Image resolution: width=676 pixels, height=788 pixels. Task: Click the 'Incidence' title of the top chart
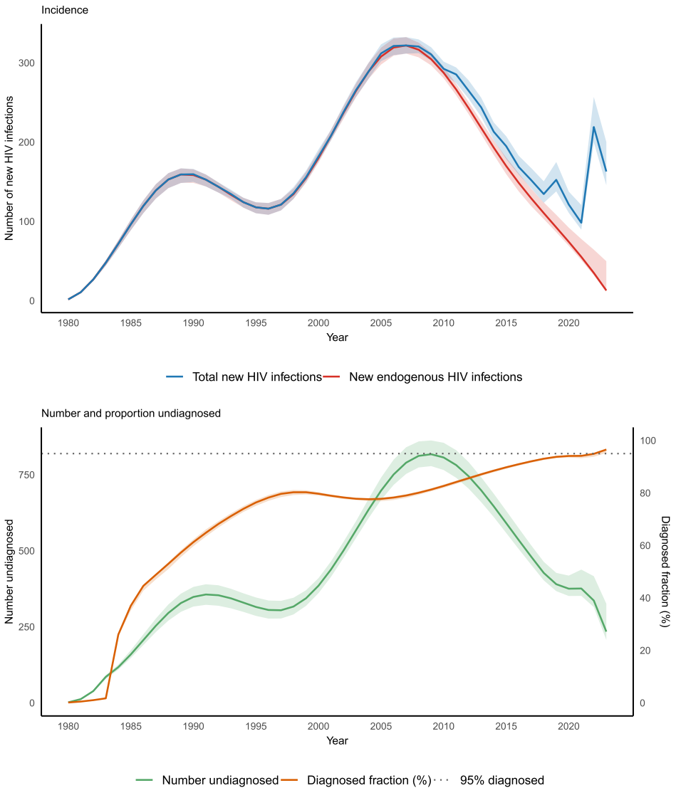tap(65, 10)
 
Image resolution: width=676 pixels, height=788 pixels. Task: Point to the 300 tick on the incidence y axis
tap(27, 63)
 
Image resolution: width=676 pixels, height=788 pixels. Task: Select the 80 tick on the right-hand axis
tap(645, 493)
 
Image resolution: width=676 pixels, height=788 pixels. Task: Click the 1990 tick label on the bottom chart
tap(193, 726)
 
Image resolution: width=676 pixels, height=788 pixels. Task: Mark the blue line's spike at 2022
tap(593, 127)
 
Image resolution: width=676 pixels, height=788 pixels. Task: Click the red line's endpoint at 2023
tap(605, 290)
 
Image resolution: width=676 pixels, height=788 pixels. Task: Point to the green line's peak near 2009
tap(431, 454)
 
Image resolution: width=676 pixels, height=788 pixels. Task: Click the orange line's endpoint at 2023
tap(605, 450)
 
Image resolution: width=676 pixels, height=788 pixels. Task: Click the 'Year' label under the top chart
tap(337, 337)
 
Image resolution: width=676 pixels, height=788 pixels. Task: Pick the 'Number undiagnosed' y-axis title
tap(10, 572)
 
